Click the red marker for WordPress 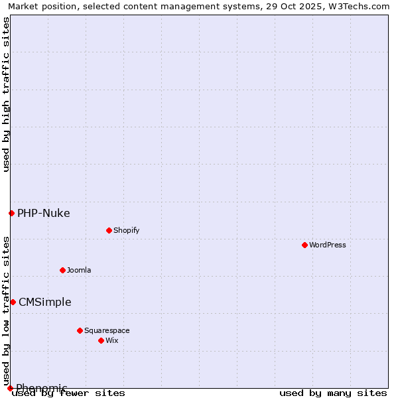pyautogui.click(x=304, y=245)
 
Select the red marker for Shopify pyautogui.click(x=109, y=230)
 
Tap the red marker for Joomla pyautogui.click(x=62, y=270)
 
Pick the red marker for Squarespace pyautogui.click(x=80, y=330)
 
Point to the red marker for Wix pyautogui.click(x=101, y=340)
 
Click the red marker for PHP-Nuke pyautogui.click(x=11, y=213)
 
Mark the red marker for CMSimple pyautogui.click(x=13, y=302)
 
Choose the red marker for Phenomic pyautogui.click(x=10, y=388)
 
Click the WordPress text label pyautogui.click(x=328, y=245)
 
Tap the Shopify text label pyautogui.click(x=126, y=230)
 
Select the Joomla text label pyautogui.click(x=79, y=270)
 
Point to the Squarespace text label pyautogui.click(x=107, y=330)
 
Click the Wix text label pyautogui.click(x=111, y=340)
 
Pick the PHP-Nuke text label pyautogui.click(x=44, y=213)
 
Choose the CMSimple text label pyautogui.click(x=45, y=302)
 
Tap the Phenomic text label pyautogui.click(x=42, y=388)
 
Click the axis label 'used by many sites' pyautogui.click(x=333, y=393)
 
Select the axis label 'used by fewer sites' pyautogui.click(x=69, y=393)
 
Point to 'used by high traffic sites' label pyautogui.click(x=6, y=94)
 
